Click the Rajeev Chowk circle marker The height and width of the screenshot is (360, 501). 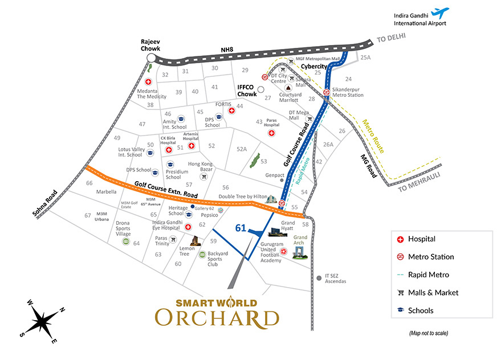[x=151, y=58]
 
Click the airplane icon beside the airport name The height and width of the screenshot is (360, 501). [x=441, y=12]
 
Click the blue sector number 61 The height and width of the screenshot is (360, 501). [x=241, y=228]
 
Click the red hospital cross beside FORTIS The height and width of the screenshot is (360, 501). [x=232, y=111]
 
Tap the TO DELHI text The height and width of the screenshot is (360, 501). [x=393, y=40]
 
